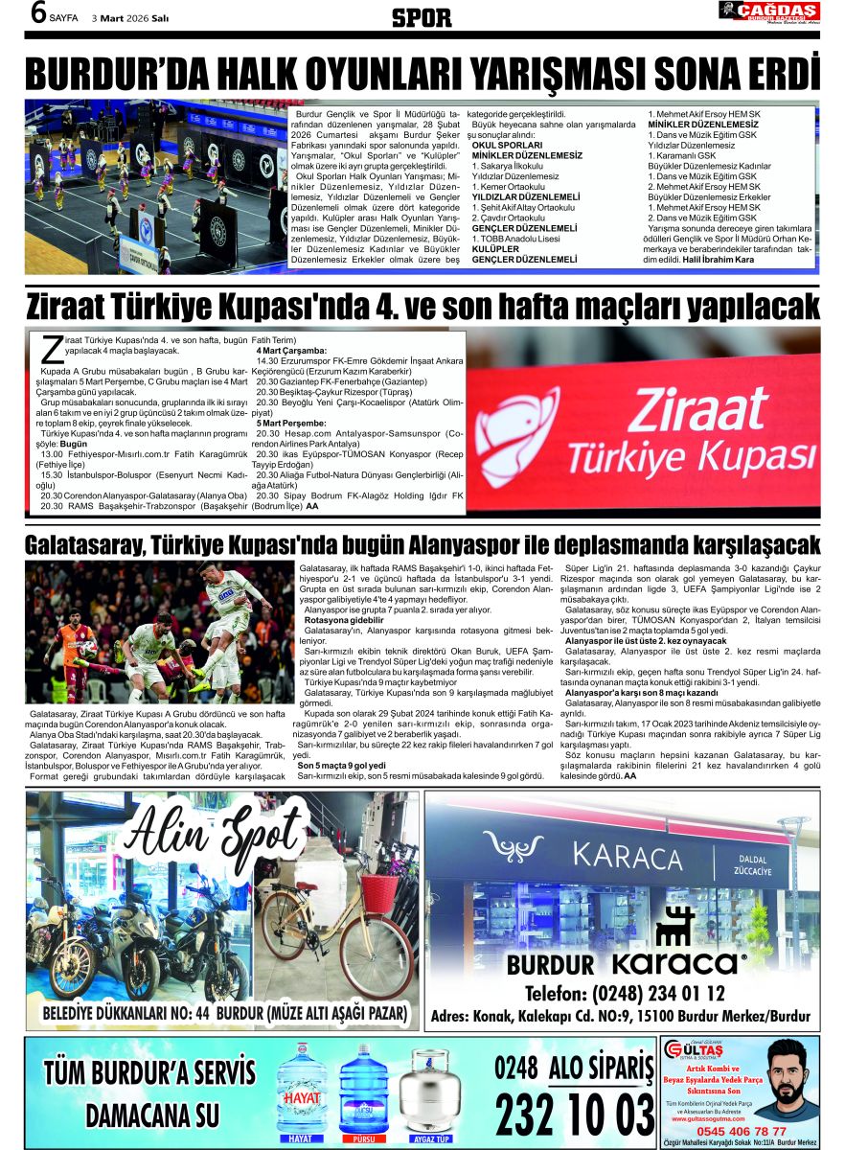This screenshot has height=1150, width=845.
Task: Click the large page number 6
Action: click(x=38, y=13)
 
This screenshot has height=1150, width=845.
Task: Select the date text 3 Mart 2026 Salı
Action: click(x=131, y=18)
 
